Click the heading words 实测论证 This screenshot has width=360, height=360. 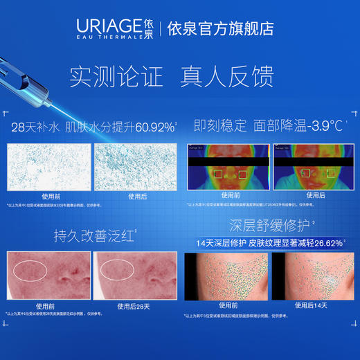111,75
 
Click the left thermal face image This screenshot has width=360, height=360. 224,167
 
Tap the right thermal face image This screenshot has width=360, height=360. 308,167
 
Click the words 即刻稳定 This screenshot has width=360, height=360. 220,127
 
